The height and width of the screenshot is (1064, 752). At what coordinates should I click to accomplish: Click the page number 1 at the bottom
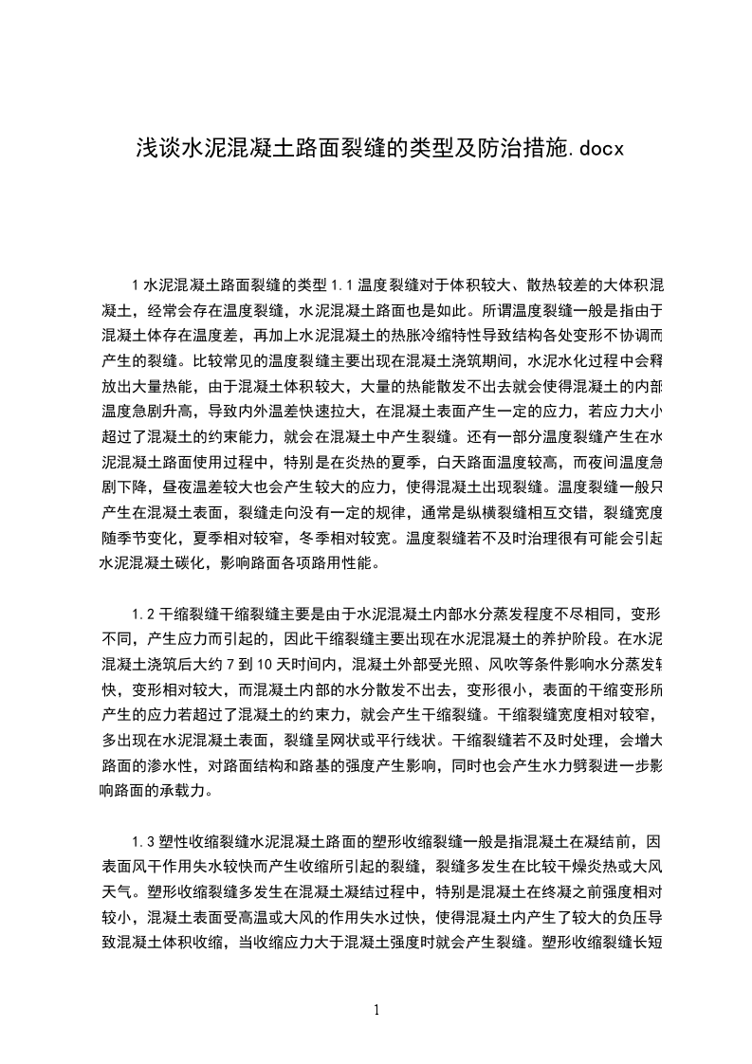pos(376,1009)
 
